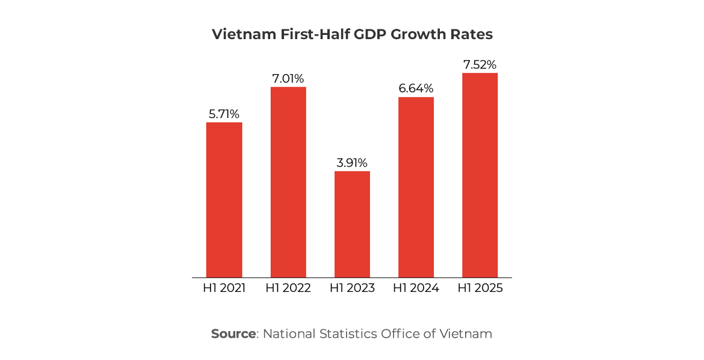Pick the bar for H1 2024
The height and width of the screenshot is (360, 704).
coord(416,187)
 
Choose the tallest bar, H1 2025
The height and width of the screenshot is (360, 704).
coord(480,175)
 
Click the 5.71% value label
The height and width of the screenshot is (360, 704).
coord(224,114)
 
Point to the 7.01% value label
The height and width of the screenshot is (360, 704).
coord(288,78)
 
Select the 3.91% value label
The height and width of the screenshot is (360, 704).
coord(352,163)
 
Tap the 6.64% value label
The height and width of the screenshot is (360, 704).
coord(416,88)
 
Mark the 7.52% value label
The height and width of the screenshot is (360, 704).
coord(480,64)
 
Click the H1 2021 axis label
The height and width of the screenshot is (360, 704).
coord(224,288)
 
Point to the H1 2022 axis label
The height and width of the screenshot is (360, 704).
coord(288,288)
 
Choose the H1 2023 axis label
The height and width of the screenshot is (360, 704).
coord(352,288)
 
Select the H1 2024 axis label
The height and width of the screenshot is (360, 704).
coord(416,288)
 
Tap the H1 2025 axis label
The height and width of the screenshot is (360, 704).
coord(480,288)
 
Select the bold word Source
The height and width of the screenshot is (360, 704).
coord(233,334)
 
